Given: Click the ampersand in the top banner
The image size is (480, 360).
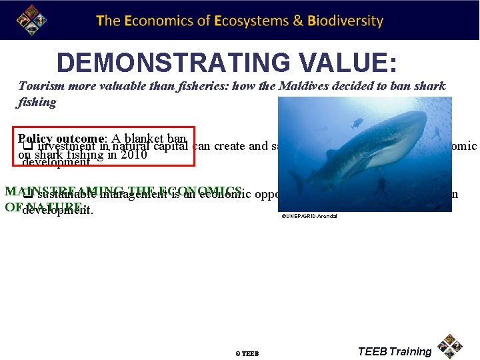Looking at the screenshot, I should pos(299,21).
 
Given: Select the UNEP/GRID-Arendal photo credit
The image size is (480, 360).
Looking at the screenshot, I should pos(309,217).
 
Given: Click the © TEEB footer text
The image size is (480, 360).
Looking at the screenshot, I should pos(247,353).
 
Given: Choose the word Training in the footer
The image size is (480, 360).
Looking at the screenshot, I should pos(411,351).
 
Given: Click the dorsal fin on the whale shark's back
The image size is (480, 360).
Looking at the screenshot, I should pos(331,154).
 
